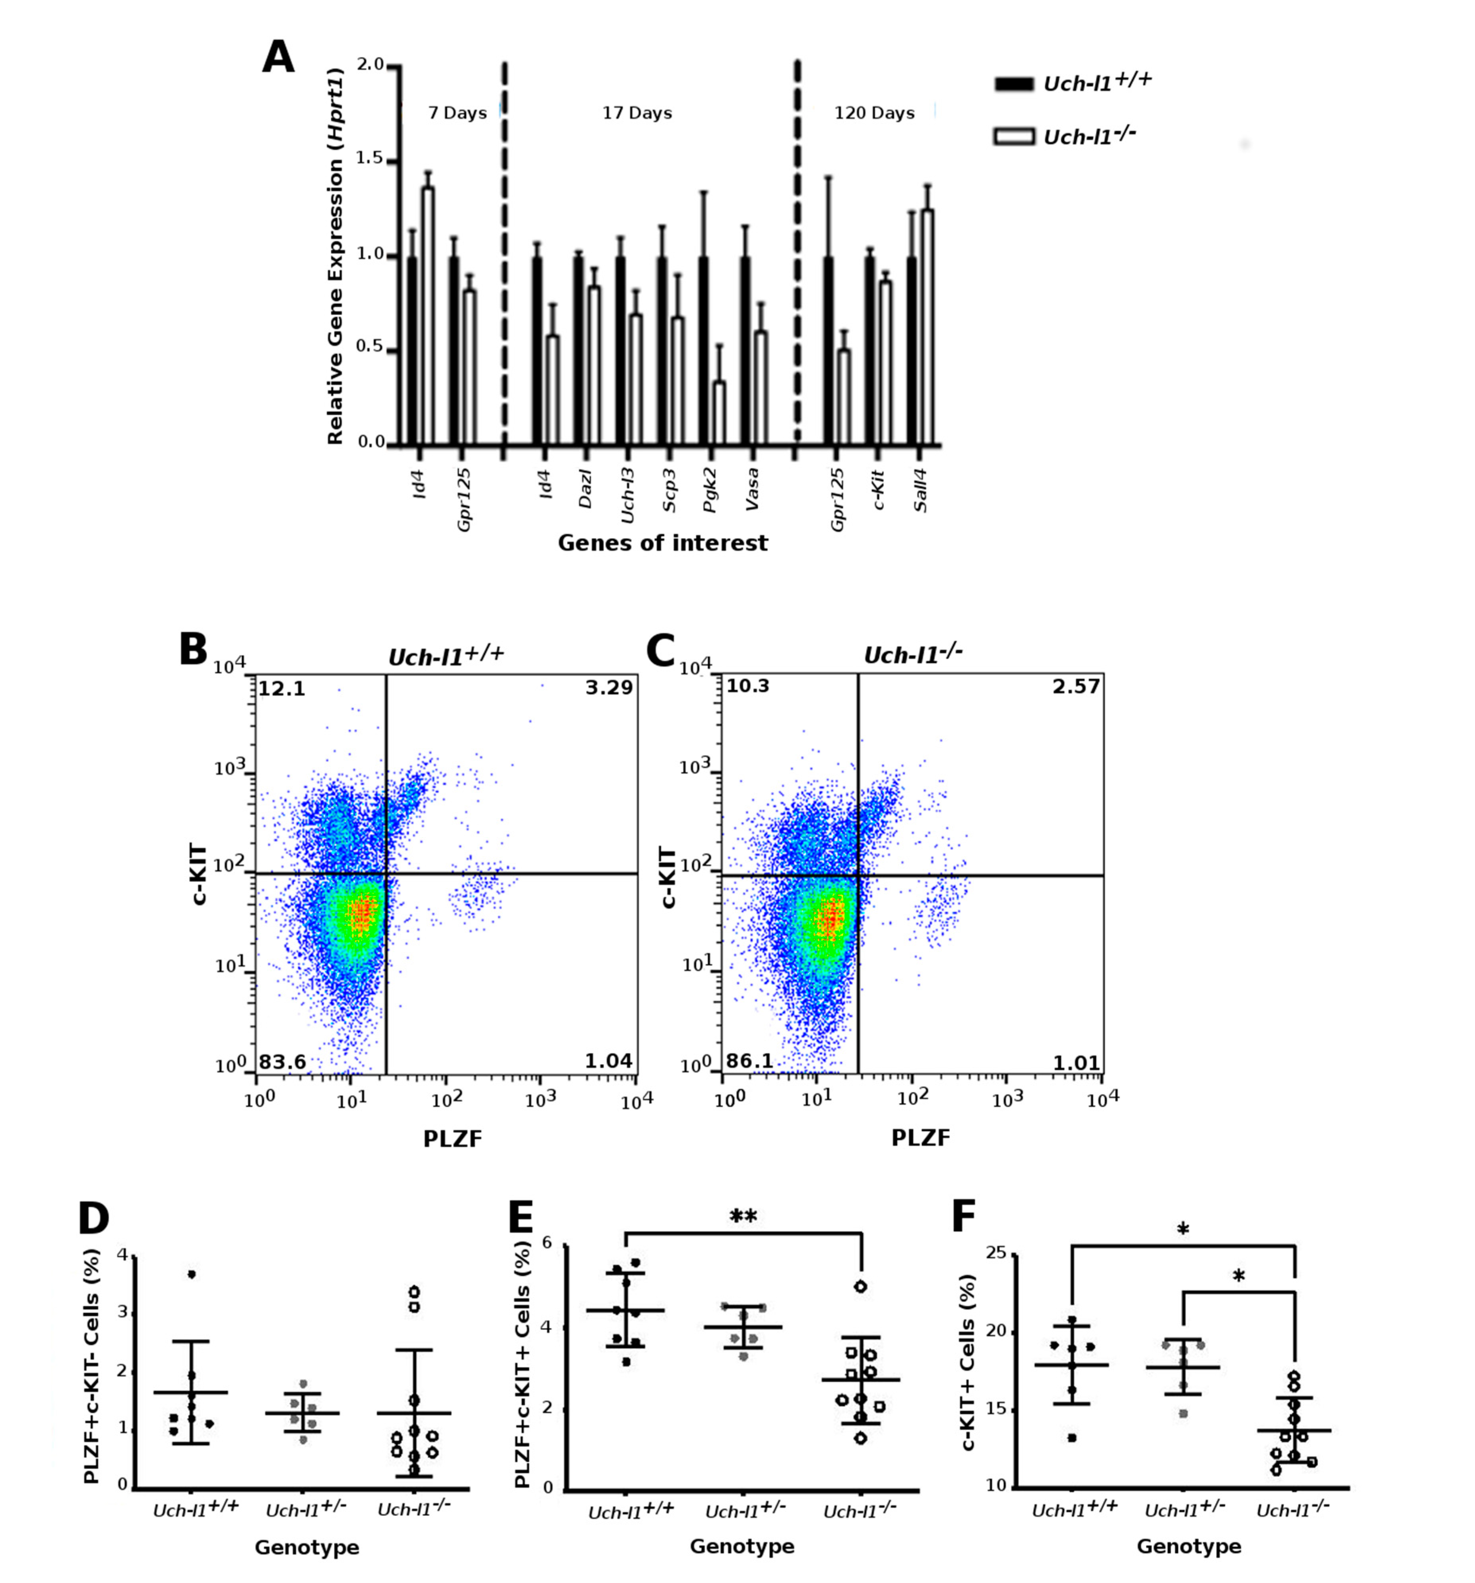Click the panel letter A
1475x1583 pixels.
pyautogui.click(x=278, y=58)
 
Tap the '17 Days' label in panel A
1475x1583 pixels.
pyautogui.click(x=637, y=113)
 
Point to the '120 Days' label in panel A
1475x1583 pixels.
pyautogui.click(x=874, y=113)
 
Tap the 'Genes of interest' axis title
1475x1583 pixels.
pyautogui.click(x=662, y=543)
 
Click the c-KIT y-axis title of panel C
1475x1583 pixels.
pyautogui.click(x=668, y=877)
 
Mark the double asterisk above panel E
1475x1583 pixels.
pyautogui.click(x=743, y=1217)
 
